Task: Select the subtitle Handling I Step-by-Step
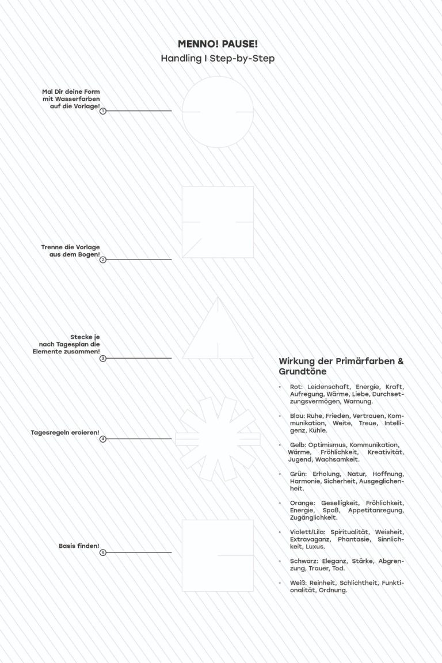(218, 58)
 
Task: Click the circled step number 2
(103, 260)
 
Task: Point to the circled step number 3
(103, 359)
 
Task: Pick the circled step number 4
(103, 439)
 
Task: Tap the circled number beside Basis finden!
(103, 552)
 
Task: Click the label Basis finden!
(79, 545)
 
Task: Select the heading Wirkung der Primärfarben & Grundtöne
(341, 367)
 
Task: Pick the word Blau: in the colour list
(299, 416)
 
